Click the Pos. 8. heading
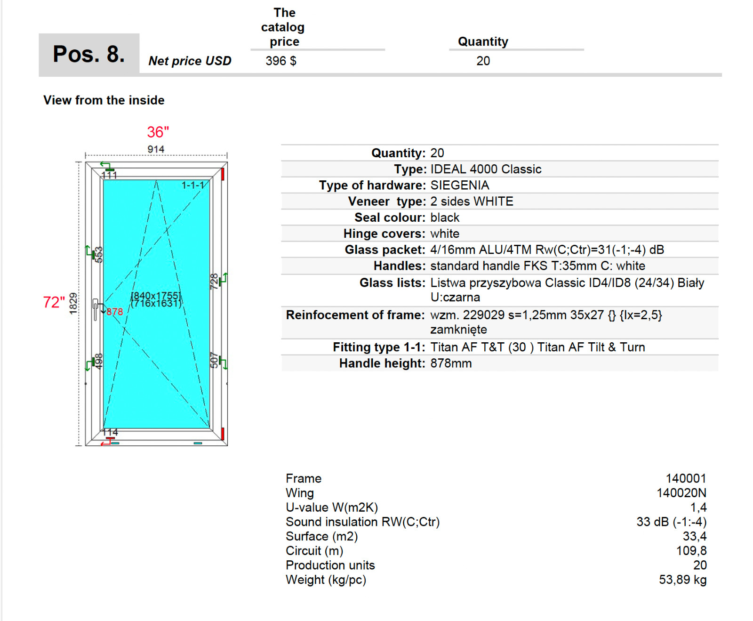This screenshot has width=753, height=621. coord(88,54)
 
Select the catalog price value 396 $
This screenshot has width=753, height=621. coord(280,61)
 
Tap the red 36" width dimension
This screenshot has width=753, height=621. coord(158,132)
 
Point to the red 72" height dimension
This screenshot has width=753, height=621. coord(54,302)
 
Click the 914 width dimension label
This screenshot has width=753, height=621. coord(156,149)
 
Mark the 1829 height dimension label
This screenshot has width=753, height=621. coord(73,303)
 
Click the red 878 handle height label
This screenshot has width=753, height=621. coord(114,312)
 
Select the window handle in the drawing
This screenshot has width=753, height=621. coord(96,309)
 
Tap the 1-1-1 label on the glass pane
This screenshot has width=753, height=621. coord(193,185)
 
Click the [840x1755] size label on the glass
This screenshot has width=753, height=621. coord(156,295)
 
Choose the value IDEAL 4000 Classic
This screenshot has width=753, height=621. coord(486,169)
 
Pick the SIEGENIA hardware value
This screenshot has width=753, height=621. coord(460,185)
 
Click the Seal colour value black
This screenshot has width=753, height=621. coord(445,218)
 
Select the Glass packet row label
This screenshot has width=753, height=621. coord(385,250)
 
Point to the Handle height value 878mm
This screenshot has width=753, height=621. coord(451,363)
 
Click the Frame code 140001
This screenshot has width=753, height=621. coord(686,479)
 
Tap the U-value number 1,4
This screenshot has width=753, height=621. coord(698,508)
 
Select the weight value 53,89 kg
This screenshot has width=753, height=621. coord(682,580)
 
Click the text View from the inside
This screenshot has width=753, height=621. coord(104,100)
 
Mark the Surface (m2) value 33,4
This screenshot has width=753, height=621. coord(695,536)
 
